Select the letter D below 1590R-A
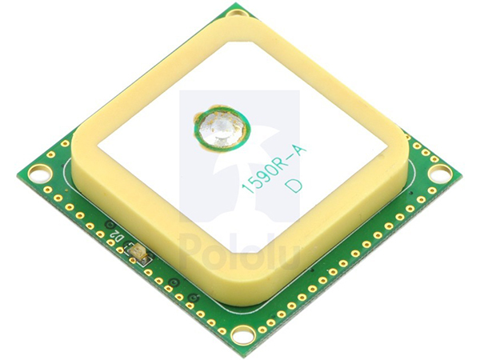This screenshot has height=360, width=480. point(294,186)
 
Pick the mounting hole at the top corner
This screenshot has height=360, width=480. point(238,12)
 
